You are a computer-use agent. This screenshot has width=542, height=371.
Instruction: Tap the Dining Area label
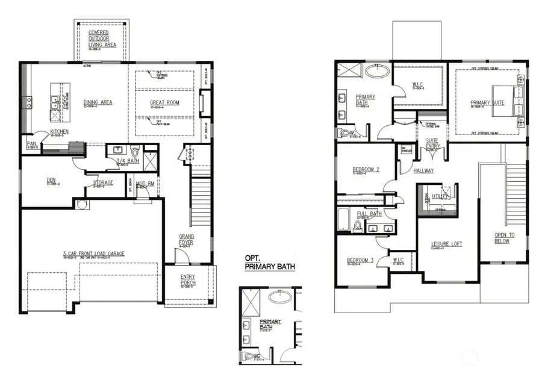pos(98,102)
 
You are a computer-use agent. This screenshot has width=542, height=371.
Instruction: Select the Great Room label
pos(164,103)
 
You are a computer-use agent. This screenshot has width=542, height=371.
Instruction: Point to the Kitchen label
pos(59,131)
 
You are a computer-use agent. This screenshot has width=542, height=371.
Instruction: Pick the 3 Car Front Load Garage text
pos(93,254)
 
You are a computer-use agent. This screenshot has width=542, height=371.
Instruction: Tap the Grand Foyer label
pos(186,239)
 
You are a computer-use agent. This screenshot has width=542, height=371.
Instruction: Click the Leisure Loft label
pos(446,244)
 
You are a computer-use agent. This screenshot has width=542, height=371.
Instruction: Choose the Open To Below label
pos(502,238)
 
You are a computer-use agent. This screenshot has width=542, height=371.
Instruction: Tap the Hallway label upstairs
pos(423,170)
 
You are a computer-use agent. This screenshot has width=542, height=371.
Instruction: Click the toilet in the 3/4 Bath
pos(134,150)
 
